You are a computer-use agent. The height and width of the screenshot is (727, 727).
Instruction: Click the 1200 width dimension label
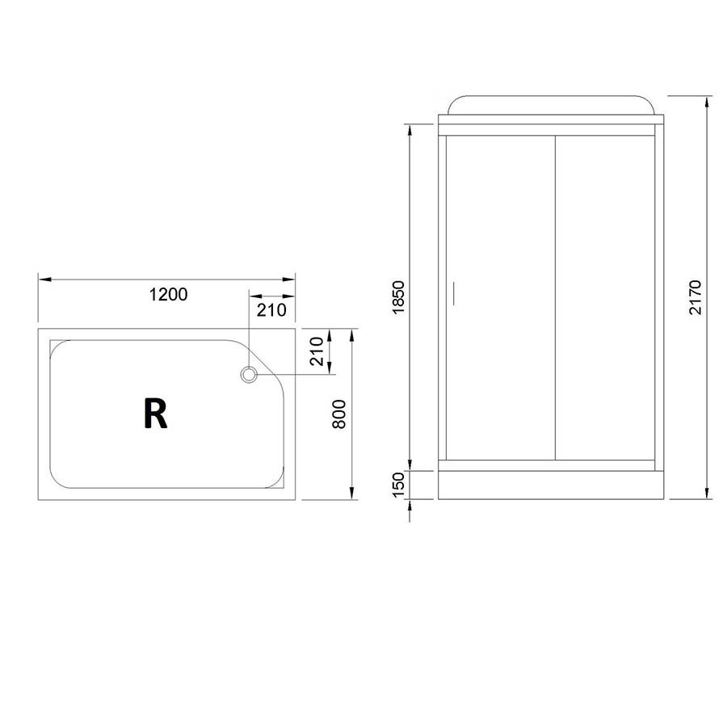(168, 294)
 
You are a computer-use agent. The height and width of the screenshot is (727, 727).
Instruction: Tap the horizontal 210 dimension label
(271, 310)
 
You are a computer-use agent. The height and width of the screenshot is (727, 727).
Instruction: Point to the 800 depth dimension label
(339, 414)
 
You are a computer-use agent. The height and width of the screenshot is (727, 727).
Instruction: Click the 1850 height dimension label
(398, 297)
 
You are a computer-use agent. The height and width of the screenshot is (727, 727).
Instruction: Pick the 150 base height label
(398, 485)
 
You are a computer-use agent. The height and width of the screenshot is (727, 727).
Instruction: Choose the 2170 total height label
(695, 297)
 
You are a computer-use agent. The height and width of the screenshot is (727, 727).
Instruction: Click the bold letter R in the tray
(155, 414)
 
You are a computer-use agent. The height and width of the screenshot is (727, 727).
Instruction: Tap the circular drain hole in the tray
(249, 374)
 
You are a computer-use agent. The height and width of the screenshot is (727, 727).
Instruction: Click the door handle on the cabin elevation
(453, 293)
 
